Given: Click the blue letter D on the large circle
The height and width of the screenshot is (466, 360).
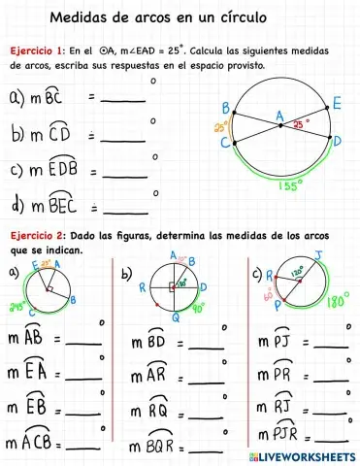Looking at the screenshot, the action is (x=336, y=141).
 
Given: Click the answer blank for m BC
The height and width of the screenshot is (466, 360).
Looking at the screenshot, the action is (x=123, y=98).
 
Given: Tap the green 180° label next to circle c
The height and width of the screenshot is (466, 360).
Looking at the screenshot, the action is (x=337, y=301).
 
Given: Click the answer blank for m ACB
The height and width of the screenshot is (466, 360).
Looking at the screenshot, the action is (x=82, y=445).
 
